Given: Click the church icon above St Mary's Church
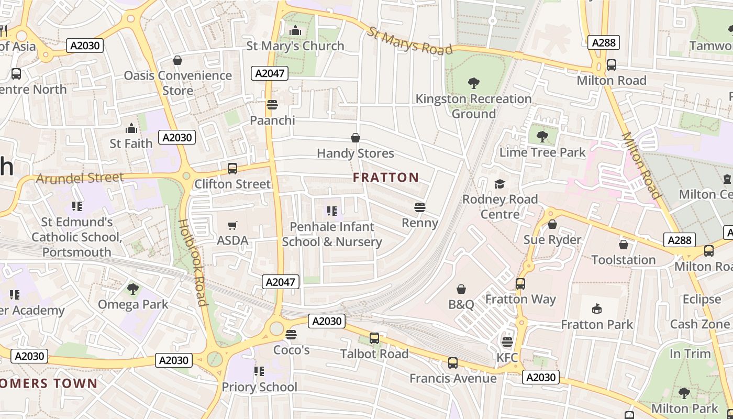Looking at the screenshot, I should tap(295, 31).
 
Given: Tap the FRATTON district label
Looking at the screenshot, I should tap(386, 178).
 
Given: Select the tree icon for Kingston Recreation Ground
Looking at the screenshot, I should tap(473, 83).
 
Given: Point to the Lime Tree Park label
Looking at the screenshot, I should tap(542, 152).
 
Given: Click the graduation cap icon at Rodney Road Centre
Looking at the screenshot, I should tap(499, 184).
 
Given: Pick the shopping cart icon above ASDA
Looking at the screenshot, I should tap(232, 226).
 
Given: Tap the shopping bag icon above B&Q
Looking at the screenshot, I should tap(461, 289).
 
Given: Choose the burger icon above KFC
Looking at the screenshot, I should tap(507, 342).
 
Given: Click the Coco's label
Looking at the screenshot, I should tap(292, 350).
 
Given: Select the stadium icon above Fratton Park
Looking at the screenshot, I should tap(597, 309).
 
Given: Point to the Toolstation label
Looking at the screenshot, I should tap(623, 260).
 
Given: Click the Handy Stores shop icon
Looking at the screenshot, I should tap(356, 138).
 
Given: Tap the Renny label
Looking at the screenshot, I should tap(419, 223).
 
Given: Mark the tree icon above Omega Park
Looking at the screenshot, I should tap(133, 289).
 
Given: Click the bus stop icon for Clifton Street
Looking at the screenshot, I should tap(232, 169).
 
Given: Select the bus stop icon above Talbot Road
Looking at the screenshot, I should tap(374, 338).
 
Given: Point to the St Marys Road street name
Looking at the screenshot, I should tap(409, 41).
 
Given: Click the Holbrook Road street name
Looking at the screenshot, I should tap(193, 262).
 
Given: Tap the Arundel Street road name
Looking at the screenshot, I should tap(80, 178).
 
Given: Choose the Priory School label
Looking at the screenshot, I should tap(259, 387).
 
